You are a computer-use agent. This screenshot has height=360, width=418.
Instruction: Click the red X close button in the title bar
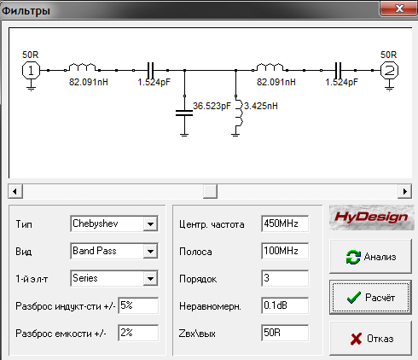pyautogui.click(x=399, y=9)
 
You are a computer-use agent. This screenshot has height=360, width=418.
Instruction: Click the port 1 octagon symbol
pyautogui.click(x=31, y=70)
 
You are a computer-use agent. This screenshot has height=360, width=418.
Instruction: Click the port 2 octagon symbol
pyautogui.click(x=389, y=70)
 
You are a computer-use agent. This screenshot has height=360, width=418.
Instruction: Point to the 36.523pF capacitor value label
pyautogui.click(x=212, y=106)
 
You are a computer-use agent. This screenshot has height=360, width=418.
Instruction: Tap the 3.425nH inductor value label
pyautogui.click(x=261, y=106)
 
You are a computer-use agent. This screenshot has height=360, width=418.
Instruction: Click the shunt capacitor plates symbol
pyautogui.click(x=184, y=113)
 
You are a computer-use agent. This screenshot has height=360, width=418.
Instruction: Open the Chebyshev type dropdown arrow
pyautogui.click(x=150, y=224)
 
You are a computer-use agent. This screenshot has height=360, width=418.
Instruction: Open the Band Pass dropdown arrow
pyautogui.click(x=150, y=251)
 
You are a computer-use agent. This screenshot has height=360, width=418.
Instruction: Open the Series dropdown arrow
pyautogui.click(x=150, y=278)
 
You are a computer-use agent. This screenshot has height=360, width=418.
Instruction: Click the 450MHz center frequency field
pyautogui.click(x=285, y=224)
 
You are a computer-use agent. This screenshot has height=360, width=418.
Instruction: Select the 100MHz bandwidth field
pyautogui.click(x=285, y=251)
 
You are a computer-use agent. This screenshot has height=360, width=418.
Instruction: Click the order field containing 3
pyautogui.click(x=285, y=278)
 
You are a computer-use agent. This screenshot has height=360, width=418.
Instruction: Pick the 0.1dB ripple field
pyautogui.click(x=285, y=305)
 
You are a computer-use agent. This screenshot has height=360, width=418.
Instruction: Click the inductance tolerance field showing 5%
pyautogui.click(x=138, y=305)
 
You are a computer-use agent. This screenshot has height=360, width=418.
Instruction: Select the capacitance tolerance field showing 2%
pyautogui.click(x=138, y=333)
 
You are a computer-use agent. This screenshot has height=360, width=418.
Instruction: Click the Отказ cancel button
pyautogui.click(x=370, y=339)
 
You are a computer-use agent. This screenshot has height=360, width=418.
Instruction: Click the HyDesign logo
pyautogui.click(x=371, y=218)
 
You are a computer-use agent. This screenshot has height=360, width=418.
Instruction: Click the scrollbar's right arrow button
pyautogui.click(x=405, y=191)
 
